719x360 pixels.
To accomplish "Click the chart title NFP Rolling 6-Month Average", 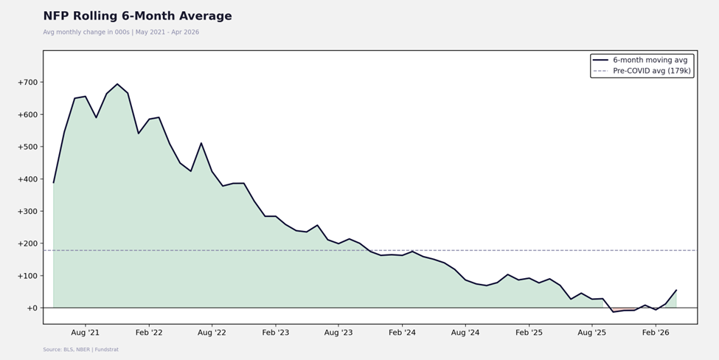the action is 138,16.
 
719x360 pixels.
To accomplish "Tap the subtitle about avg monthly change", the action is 121,32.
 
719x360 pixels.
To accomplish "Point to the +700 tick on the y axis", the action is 27,83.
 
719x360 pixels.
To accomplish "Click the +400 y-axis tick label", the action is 27,179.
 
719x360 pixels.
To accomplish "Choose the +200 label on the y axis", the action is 27,243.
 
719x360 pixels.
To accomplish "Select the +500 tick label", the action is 27,147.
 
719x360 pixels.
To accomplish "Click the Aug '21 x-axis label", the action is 86,333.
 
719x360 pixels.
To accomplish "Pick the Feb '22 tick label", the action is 149,333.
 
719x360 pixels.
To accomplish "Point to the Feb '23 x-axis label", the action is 276,333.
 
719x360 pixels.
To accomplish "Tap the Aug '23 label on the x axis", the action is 338,333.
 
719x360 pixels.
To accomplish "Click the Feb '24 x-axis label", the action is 402,333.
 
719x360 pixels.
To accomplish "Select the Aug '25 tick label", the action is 591,333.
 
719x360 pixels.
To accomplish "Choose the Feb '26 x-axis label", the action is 656,333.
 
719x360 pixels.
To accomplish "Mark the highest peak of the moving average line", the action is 117,84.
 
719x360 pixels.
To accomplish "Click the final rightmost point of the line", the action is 676,290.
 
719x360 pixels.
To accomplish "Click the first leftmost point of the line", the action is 54,182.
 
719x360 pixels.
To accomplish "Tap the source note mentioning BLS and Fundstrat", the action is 80,350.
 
